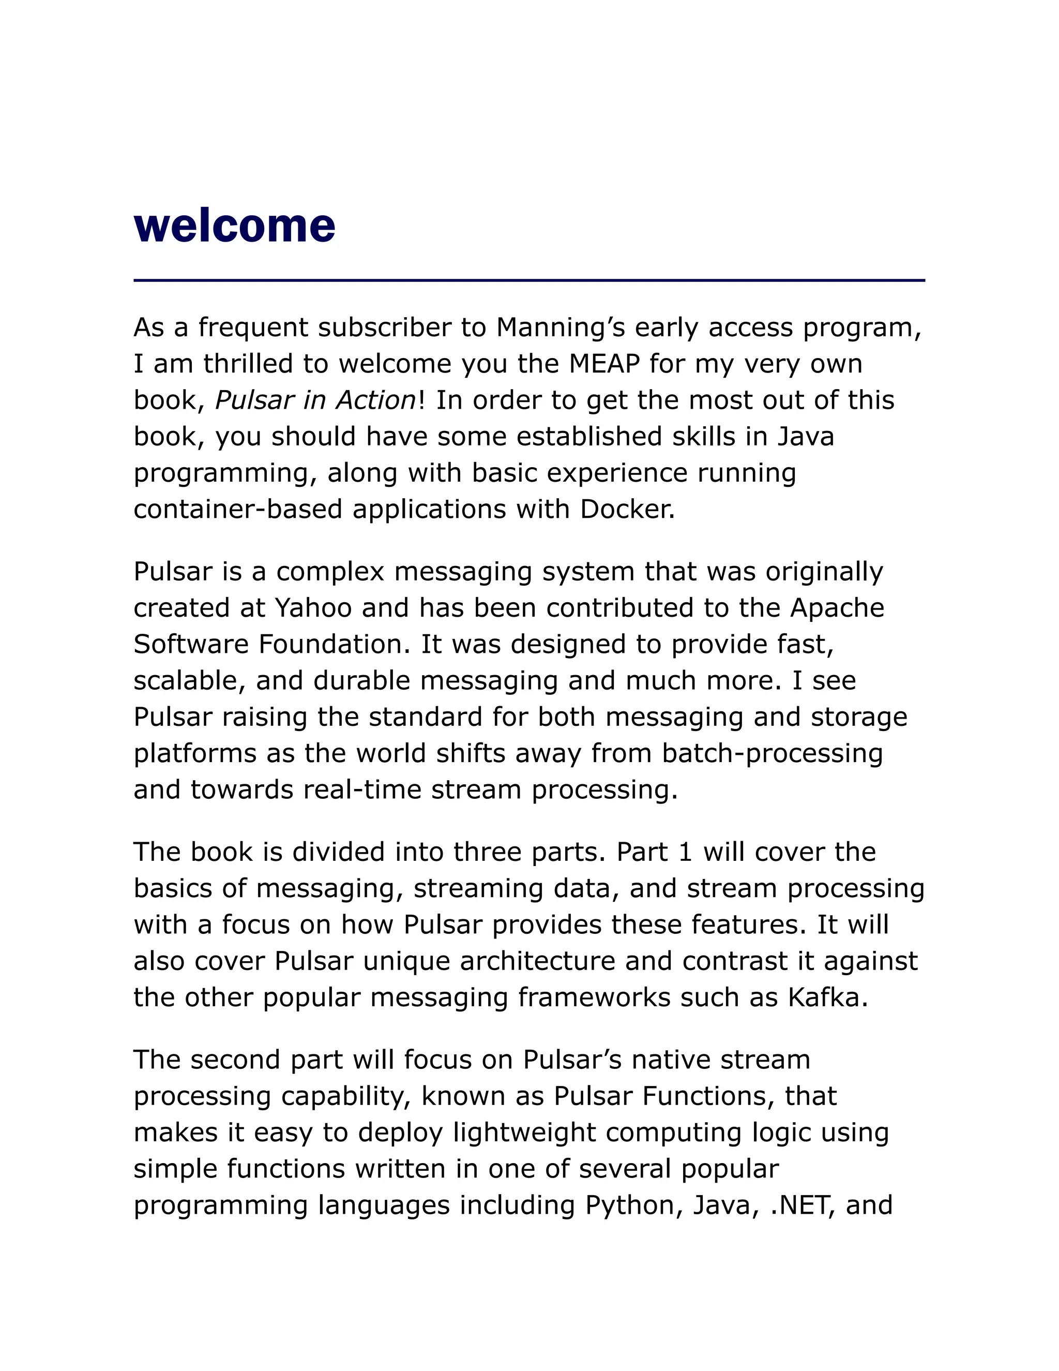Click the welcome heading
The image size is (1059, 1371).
tap(235, 226)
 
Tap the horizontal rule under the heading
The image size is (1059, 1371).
tap(529, 280)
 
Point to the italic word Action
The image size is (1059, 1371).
tap(375, 400)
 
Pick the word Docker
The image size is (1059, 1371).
tap(627, 509)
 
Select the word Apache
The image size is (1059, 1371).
tap(837, 608)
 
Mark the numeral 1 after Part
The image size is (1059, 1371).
tap(685, 852)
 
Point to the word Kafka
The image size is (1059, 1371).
tap(827, 997)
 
